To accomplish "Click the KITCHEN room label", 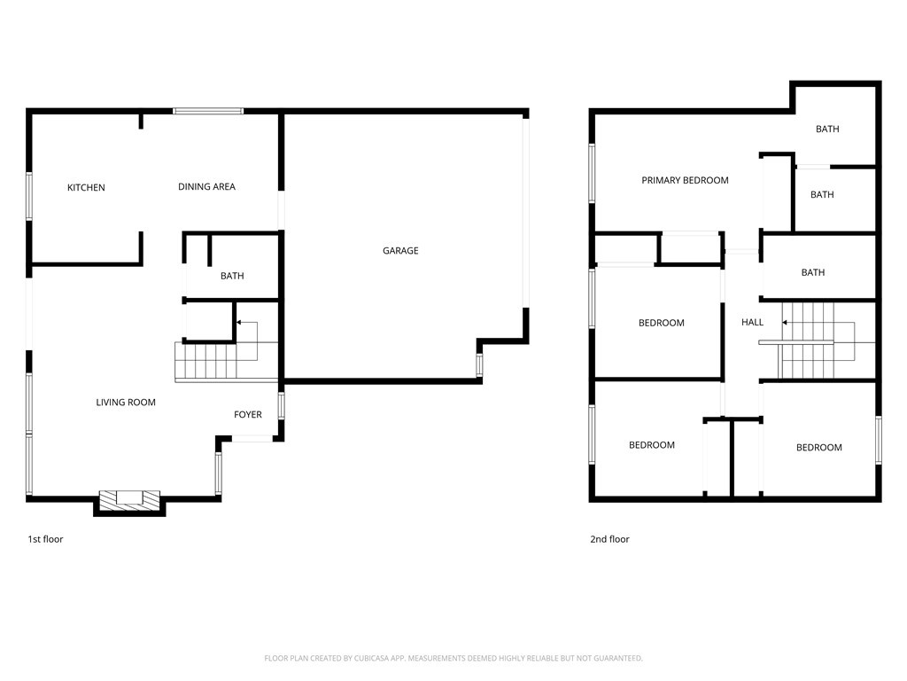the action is tap(86, 188).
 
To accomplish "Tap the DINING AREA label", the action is tap(206, 186).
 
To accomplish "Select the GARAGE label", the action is tap(400, 251).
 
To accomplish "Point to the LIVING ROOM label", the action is tap(126, 403).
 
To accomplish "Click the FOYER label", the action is tap(248, 415).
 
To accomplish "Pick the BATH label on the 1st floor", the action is tap(232, 277).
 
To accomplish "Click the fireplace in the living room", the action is tap(129, 502).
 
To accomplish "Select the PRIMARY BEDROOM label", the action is tap(685, 180).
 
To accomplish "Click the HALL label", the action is tap(752, 322).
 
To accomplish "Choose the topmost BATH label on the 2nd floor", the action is tap(827, 129).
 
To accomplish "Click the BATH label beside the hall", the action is tap(813, 272).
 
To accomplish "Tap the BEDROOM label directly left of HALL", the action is tap(661, 323).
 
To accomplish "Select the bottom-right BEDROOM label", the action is tap(819, 448).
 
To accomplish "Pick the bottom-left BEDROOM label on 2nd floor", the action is tap(651, 445).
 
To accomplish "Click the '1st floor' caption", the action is tap(45, 539).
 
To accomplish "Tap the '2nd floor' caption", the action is tap(609, 539).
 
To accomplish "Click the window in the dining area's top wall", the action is tap(208, 111).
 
